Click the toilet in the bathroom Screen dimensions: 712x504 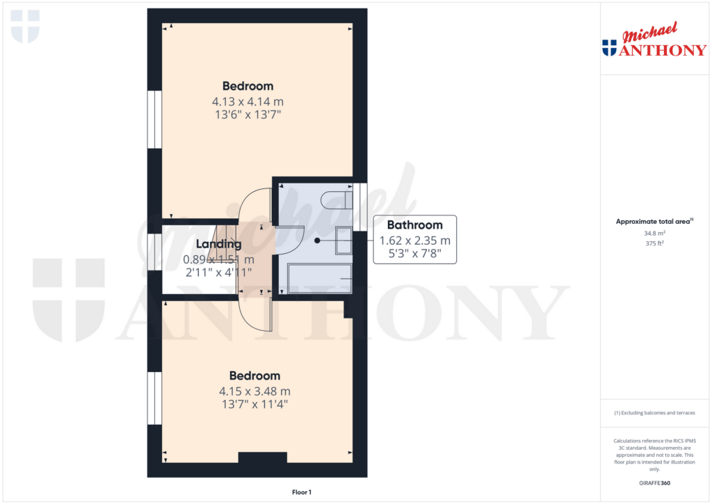coord(337,200)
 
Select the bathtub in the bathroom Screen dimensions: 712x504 coord(320,278)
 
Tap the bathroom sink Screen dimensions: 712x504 coord(343,241)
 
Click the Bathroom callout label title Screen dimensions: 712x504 coord(414,225)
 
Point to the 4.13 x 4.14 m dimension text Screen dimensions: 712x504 coord(248,101)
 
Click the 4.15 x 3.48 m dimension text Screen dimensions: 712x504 coord(254,391)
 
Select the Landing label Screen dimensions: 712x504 coord(218,244)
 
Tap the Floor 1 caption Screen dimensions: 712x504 coord(302,492)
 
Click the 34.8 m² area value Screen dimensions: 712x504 coord(654,233)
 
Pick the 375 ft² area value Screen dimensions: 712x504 coord(654,243)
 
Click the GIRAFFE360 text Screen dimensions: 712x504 coord(654,483)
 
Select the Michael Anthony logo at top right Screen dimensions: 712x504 coord(654,40)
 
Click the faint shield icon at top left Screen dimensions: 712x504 coord(25,27)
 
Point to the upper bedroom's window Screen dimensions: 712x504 coord(154,120)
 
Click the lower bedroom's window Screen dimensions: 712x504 coord(154,398)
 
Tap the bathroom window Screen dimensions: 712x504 coord(360,207)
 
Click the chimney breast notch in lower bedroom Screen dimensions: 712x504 coord(262,457)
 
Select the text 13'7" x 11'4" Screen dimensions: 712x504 coord(254,404)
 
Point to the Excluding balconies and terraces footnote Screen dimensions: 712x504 coord(654,413)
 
